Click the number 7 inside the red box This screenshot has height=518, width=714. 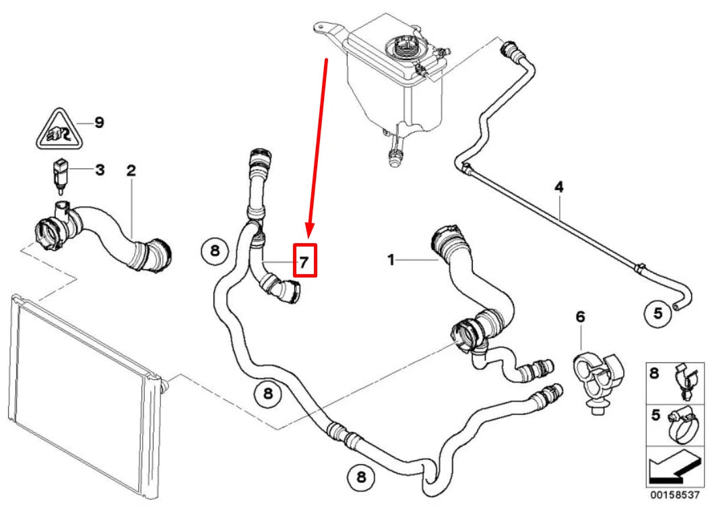[304, 261]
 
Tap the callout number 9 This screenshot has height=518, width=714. [99, 123]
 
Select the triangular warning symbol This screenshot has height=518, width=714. [58, 130]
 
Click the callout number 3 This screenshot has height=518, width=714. [99, 170]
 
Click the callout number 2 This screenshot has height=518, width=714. [131, 170]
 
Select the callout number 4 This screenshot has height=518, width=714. [558, 185]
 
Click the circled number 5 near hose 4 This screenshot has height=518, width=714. [658, 312]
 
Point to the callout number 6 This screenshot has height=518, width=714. [581, 316]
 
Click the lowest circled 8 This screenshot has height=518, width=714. [360, 477]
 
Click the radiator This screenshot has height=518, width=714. [84, 397]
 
